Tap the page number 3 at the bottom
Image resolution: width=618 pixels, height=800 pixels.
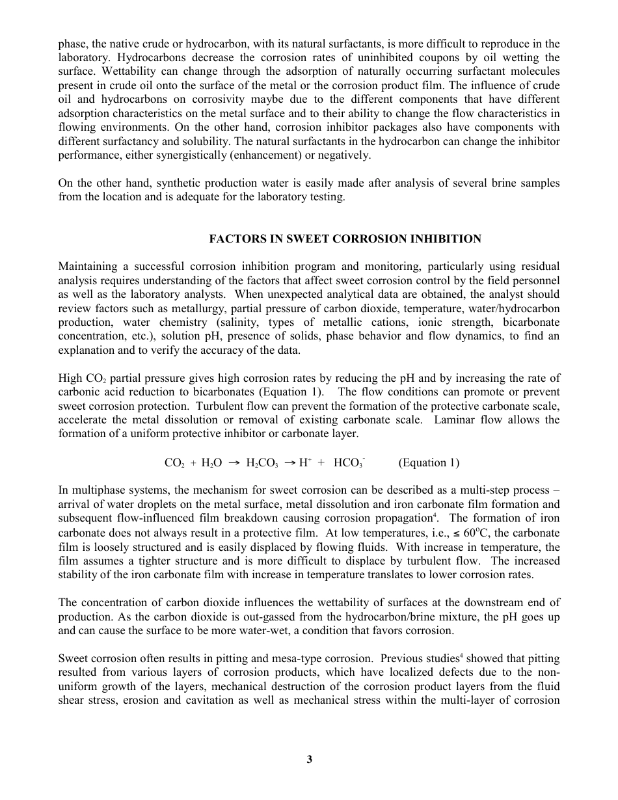point(309,759)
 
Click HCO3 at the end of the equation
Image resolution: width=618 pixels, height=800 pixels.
point(349,462)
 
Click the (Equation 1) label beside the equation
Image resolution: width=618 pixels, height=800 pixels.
point(429,462)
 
